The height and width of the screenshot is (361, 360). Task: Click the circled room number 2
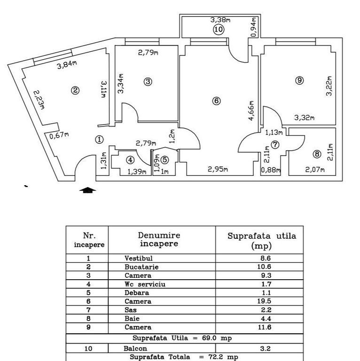pyautogui.click(x=74, y=91)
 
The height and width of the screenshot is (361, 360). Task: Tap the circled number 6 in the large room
pyautogui.click(x=216, y=101)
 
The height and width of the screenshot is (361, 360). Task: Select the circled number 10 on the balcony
pyautogui.click(x=219, y=30)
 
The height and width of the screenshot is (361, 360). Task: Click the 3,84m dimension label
pyautogui.click(x=67, y=65)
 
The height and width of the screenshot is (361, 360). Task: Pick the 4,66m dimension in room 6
pyautogui.click(x=252, y=111)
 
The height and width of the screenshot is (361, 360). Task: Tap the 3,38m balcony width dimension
pyautogui.click(x=220, y=20)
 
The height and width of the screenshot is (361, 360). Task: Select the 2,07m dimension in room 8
pyautogui.click(x=315, y=170)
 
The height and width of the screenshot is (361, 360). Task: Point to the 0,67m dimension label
pyautogui.click(x=59, y=136)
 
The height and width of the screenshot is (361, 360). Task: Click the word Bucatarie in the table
pyautogui.click(x=141, y=267)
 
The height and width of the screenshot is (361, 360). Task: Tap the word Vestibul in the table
pyautogui.click(x=139, y=258)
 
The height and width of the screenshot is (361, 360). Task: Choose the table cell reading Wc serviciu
pyautogui.click(x=145, y=284)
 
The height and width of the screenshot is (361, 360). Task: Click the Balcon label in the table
pyautogui.click(x=136, y=349)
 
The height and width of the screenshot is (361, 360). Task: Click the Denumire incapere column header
pyautogui.click(x=159, y=239)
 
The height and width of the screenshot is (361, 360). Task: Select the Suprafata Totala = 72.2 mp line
pyautogui.click(x=184, y=357)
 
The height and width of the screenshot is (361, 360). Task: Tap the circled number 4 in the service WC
pyautogui.click(x=130, y=160)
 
